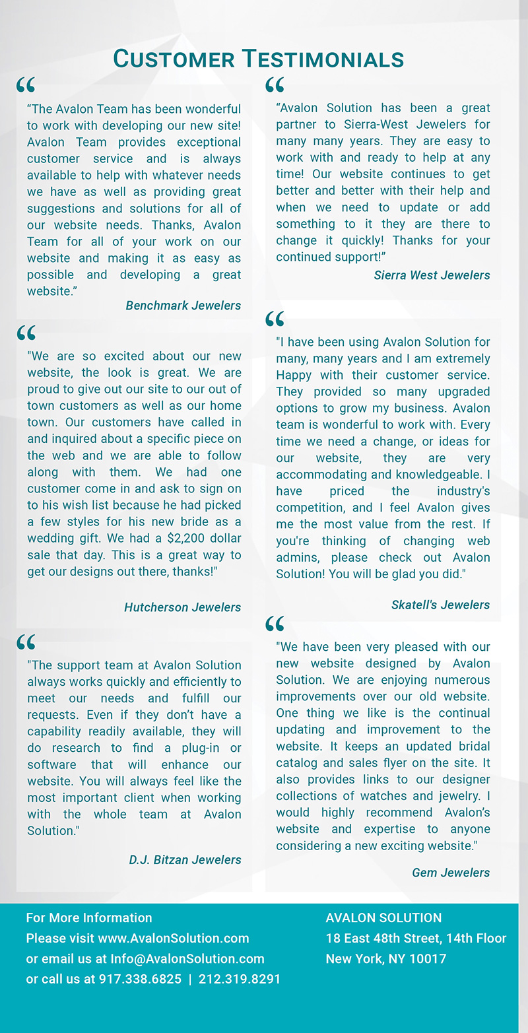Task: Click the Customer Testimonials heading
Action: (x=259, y=59)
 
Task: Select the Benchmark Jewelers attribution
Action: (x=183, y=306)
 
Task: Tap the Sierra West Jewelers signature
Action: (x=432, y=275)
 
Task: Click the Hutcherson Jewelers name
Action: (x=182, y=607)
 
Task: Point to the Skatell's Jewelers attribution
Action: (x=440, y=605)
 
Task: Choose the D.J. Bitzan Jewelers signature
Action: (x=185, y=859)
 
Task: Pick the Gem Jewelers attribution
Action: (x=451, y=873)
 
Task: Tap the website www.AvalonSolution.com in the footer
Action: (x=174, y=938)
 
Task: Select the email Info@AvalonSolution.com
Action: (x=187, y=958)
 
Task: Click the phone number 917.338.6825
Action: (x=140, y=979)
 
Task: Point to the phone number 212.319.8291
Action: (x=240, y=979)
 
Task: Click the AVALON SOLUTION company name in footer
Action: (x=383, y=917)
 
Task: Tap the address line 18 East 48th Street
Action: (x=416, y=938)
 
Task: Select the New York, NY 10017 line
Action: (x=385, y=958)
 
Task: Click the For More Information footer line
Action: (x=89, y=917)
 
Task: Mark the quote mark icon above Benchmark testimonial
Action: (x=26, y=84)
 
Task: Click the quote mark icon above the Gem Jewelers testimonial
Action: (x=275, y=623)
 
